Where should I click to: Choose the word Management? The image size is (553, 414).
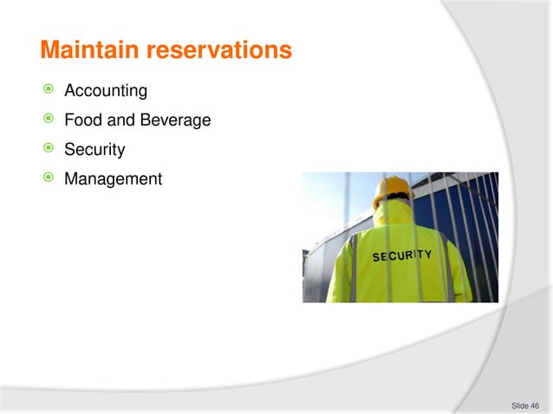click(114, 179)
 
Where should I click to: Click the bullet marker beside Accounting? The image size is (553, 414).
click(49, 91)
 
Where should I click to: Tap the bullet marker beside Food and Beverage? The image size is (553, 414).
click(49, 120)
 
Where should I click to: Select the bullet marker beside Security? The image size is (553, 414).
click(49, 150)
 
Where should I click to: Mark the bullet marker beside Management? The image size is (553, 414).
click(49, 179)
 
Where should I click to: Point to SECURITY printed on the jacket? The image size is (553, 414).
click(401, 256)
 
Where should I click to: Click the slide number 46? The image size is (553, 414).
click(535, 404)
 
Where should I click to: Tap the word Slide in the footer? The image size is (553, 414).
click(519, 404)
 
